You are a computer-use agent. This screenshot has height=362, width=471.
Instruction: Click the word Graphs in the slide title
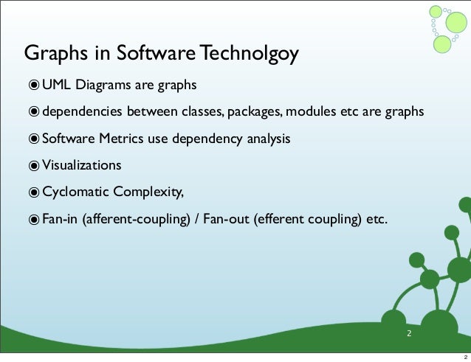51,55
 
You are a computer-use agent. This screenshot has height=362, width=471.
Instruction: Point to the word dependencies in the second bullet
81,112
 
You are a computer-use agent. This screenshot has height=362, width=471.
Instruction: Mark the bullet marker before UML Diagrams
34,86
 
